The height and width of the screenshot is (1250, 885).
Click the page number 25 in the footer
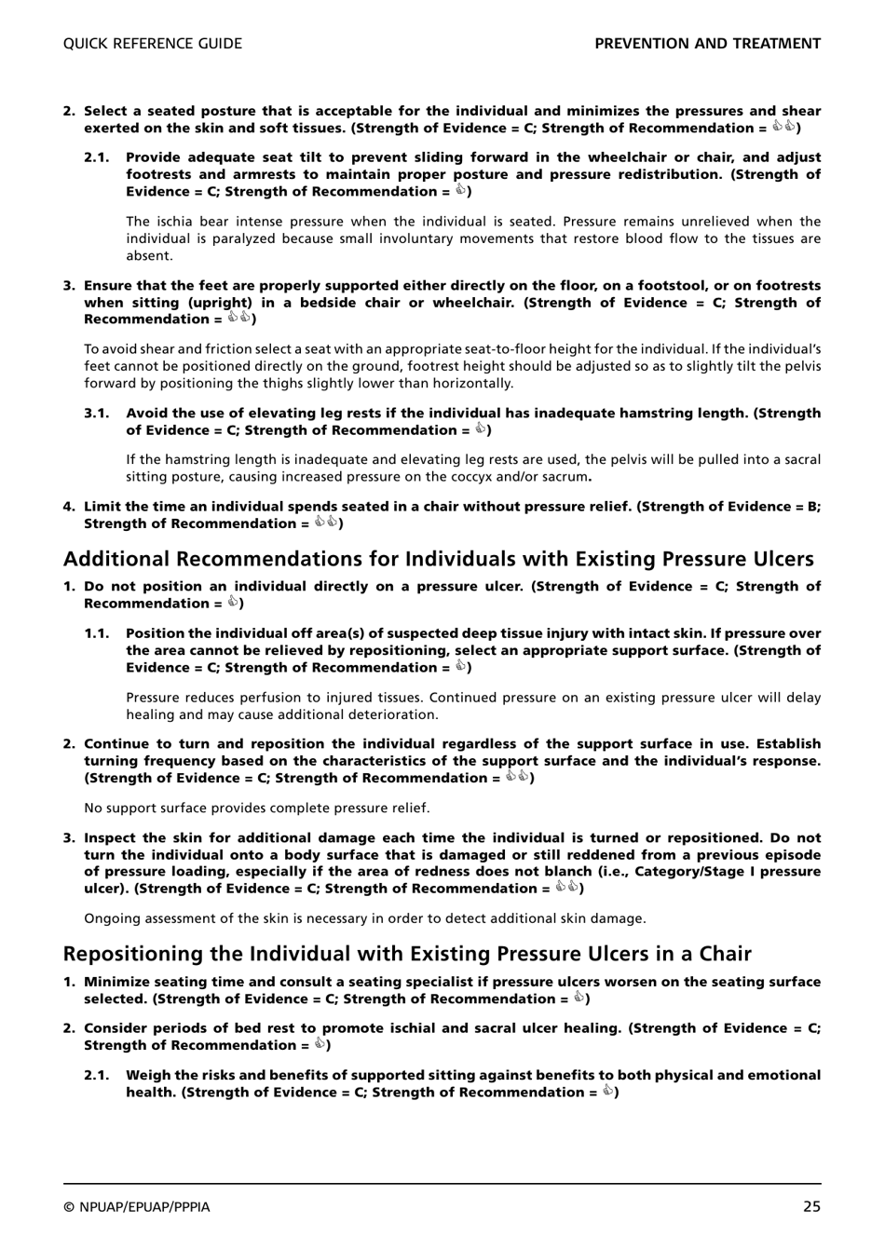click(x=810, y=1206)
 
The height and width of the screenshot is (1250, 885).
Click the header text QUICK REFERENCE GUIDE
click(x=152, y=44)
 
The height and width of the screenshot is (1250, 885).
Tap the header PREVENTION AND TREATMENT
click(x=707, y=44)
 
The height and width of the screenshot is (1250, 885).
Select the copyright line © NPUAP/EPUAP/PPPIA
click(x=137, y=1207)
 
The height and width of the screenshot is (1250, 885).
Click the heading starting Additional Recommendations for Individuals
click(x=438, y=559)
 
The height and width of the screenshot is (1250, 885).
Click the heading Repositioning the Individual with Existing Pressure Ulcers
click(x=407, y=954)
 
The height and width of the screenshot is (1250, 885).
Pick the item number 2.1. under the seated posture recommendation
click(x=98, y=157)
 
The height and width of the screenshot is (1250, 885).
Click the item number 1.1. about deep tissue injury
click(x=98, y=633)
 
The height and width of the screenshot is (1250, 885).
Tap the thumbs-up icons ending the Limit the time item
click(x=326, y=523)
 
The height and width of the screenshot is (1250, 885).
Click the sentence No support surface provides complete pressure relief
click(x=257, y=808)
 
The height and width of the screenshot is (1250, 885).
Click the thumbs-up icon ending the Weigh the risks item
click(x=606, y=1092)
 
